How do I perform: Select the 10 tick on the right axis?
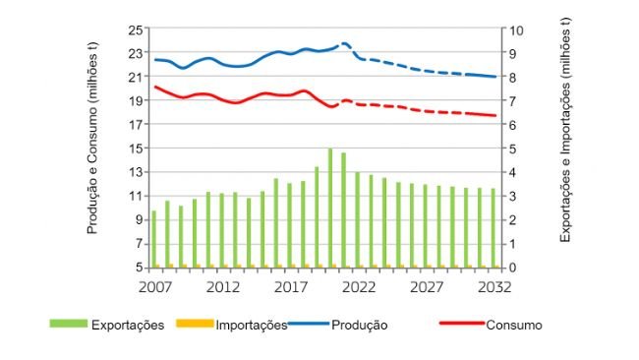(510, 30)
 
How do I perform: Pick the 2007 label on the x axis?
(153, 287)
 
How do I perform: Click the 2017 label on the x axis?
(289, 287)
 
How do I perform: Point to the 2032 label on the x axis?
(493, 287)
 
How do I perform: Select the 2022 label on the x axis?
(357, 287)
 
